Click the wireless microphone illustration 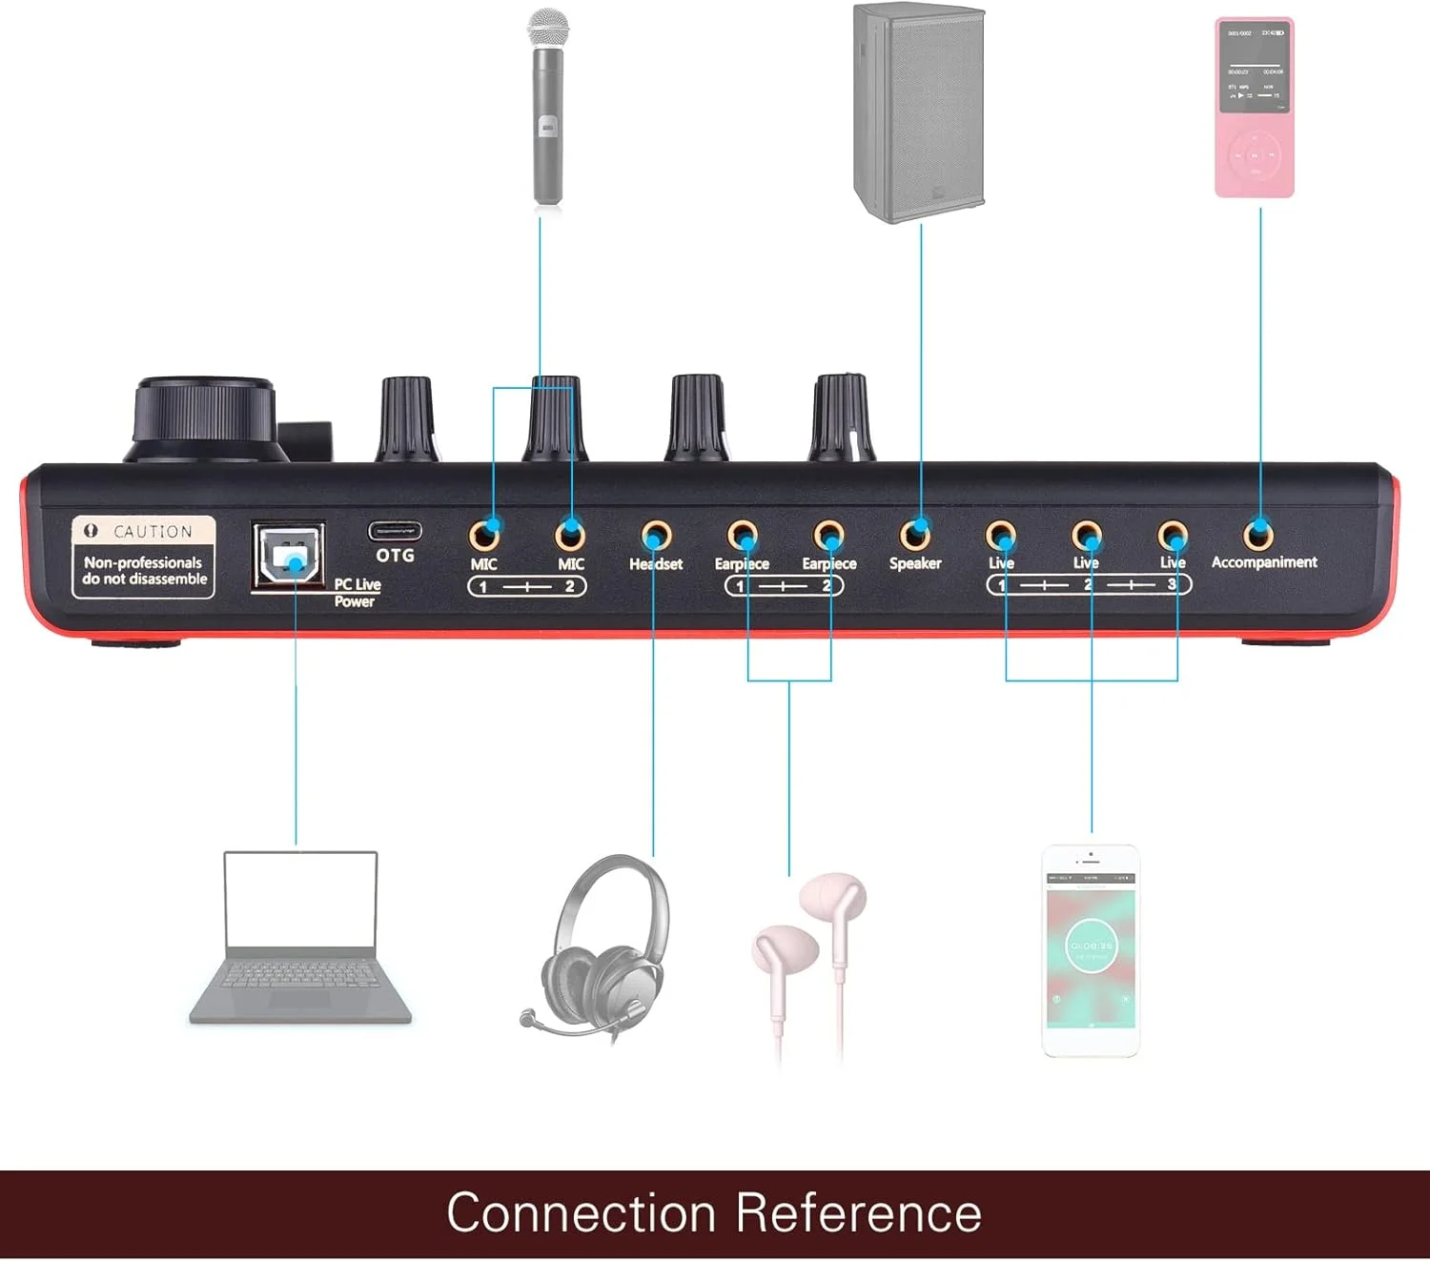[x=547, y=107]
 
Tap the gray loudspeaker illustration [x=918, y=112]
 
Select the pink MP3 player [x=1254, y=107]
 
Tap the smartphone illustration [x=1091, y=950]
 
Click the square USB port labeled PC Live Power [x=289, y=557]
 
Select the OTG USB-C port [x=395, y=531]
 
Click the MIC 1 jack [x=485, y=533]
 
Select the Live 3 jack [x=1173, y=536]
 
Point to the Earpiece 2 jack [x=828, y=536]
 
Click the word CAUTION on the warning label [x=153, y=531]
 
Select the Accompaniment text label [x=1264, y=562]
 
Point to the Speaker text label [x=915, y=563]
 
